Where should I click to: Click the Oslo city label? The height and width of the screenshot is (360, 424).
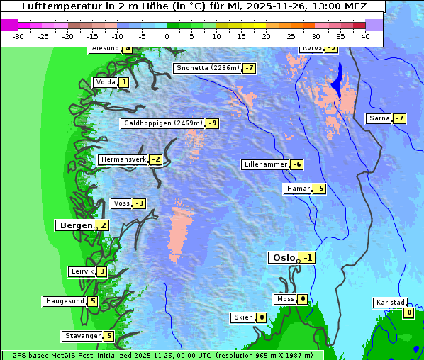pyautogui.click(x=283, y=258)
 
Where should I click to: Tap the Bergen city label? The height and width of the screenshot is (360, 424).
pyautogui.click(x=75, y=225)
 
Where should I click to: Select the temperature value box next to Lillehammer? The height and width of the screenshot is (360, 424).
pyautogui.click(x=297, y=164)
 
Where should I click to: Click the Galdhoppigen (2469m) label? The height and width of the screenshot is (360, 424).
pyautogui.click(x=163, y=123)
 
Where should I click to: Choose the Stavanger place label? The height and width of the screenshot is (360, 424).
pyautogui.click(x=82, y=336)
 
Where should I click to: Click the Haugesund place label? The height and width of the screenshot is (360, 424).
pyautogui.click(x=65, y=301)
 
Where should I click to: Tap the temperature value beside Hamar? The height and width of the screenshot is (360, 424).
pyautogui.click(x=320, y=189)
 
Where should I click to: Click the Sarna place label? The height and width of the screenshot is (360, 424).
pyautogui.click(x=379, y=118)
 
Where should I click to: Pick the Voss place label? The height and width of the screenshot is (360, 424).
pyautogui.click(x=121, y=203)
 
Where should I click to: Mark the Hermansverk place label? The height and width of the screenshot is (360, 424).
pyautogui.click(x=123, y=159)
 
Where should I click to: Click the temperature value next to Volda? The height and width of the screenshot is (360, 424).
pyautogui.click(x=124, y=82)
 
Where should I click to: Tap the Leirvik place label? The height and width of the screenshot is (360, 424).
pyautogui.click(x=82, y=271)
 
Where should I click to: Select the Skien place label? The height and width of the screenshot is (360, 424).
pyautogui.click(x=242, y=317)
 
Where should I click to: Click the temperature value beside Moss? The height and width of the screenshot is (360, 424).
pyautogui.click(x=303, y=299)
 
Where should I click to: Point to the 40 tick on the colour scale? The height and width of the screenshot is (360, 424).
pyautogui.click(x=365, y=35)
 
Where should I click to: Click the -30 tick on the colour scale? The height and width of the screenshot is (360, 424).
pyautogui.click(x=18, y=35)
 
